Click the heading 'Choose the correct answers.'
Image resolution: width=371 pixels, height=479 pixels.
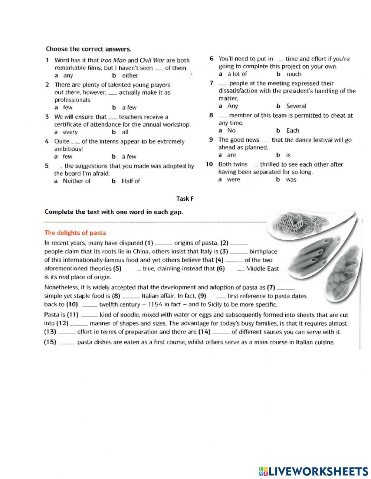tap(88, 49)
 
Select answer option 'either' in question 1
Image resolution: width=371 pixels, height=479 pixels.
tap(130, 76)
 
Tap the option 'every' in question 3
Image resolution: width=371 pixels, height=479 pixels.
tap(70, 132)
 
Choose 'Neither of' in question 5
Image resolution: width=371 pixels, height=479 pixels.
tap(76, 181)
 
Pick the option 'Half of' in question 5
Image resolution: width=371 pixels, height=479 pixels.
tap(131, 181)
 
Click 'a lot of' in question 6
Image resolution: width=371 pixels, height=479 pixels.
tap(237, 74)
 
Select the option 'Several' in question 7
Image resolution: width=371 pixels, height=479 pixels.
tap(296, 106)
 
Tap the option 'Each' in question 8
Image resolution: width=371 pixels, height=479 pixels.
tap(292, 131)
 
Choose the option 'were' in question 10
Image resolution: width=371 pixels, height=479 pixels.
tap(233, 180)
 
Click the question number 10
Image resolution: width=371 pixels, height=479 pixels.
tap(209, 164)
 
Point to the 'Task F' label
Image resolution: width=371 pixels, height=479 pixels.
tap(185, 199)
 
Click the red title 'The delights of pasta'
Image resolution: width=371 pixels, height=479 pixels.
tap(75, 233)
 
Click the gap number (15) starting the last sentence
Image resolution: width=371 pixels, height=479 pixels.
tap(50, 342)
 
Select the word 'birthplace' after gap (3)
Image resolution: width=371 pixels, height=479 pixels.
tap(263, 252)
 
